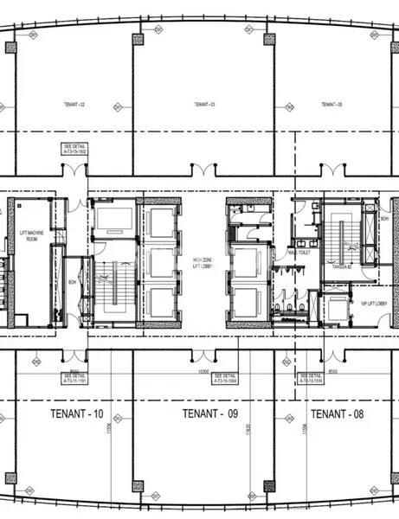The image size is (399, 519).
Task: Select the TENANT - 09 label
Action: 209,414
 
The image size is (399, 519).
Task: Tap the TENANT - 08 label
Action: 338,414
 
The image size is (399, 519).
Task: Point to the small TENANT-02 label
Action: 74,104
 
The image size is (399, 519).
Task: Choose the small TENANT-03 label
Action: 204,104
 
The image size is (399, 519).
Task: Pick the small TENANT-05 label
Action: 332,104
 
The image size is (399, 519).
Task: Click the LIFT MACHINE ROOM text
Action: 29,239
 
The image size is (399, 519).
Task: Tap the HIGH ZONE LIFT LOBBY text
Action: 203,263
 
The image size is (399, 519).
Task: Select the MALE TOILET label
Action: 299,252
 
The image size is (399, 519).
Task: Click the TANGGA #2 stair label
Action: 342,267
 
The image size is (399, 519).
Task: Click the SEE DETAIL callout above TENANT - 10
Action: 75,377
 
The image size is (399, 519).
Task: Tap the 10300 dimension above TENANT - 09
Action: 204,371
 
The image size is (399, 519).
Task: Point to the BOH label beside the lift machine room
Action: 73,282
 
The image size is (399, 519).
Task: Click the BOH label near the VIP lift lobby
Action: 384,219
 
